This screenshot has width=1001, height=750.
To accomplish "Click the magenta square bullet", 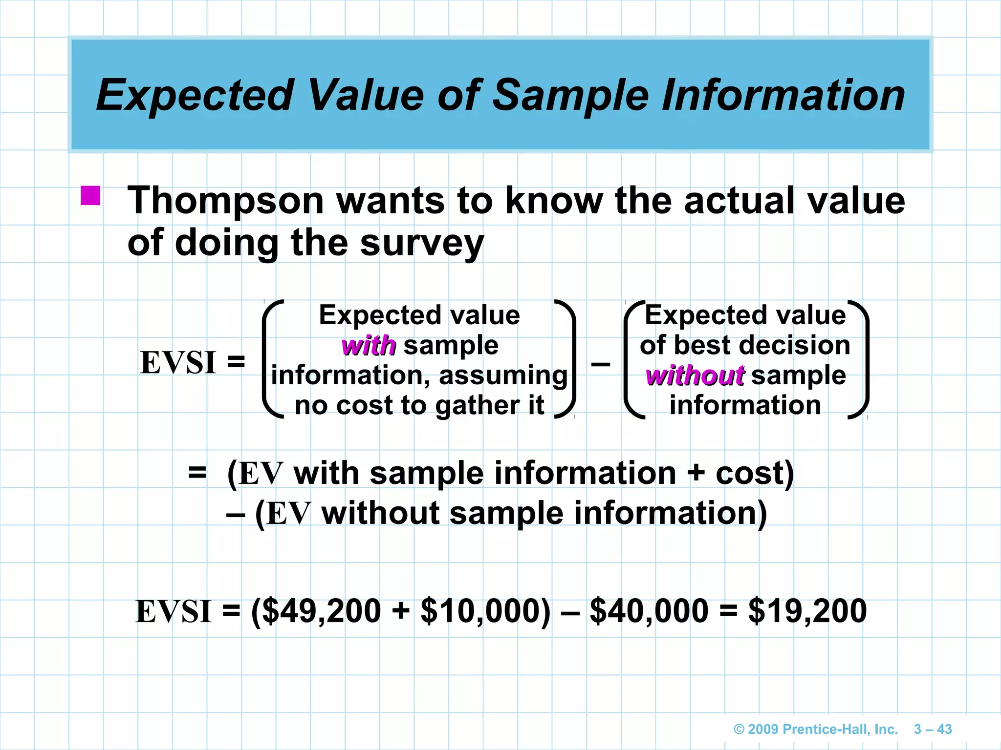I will tap(90, 196).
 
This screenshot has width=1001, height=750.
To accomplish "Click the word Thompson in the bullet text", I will tap(226, 201).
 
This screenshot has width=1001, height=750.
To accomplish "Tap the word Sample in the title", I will tap(570, 95).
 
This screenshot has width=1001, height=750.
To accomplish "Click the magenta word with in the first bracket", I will tap(369, 346).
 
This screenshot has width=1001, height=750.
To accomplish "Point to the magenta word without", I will tap(695, 376).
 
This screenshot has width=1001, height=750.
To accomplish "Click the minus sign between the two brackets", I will tap(600, 364).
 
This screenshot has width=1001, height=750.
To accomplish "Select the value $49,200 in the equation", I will tap(322, 611).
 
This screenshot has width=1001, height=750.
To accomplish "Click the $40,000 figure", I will tap(649, 611).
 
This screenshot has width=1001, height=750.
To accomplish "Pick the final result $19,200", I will tap(807, 611).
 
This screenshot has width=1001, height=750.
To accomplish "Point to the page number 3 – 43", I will tap(933, 729).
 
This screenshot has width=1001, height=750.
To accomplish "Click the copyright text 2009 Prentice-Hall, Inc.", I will tap(816, 729).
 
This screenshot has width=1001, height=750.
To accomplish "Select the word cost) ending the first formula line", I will tap(755, 474).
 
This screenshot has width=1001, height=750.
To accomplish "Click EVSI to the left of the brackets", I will tap(178, 363).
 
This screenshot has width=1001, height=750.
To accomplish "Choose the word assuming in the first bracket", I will tap(503, 376).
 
